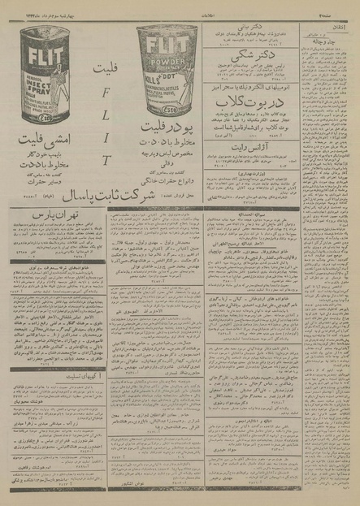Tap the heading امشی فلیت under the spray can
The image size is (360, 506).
coord(50,145)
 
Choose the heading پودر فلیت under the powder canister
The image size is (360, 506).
coord(167,128)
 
